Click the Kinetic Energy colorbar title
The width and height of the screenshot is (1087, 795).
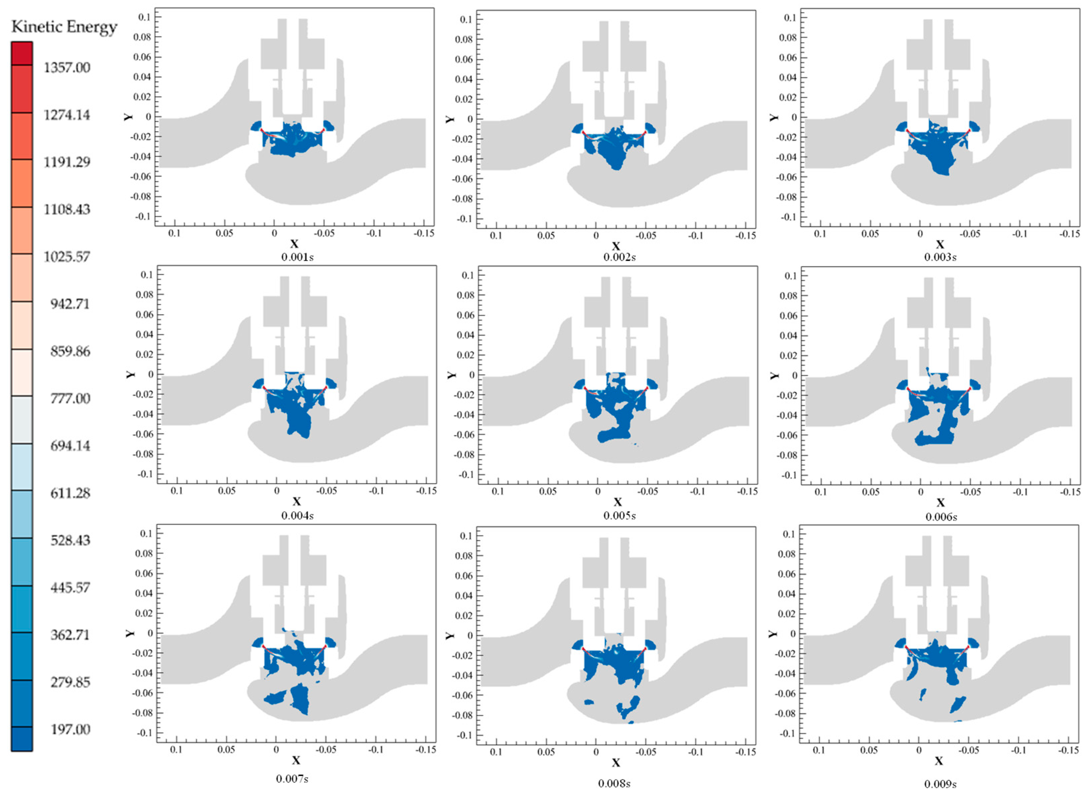coord(64,26)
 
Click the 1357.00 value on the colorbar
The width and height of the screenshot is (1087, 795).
coord(67,67)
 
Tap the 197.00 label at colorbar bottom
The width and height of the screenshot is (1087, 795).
coord(70,730)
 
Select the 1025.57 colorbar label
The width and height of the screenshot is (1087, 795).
coord(67,257)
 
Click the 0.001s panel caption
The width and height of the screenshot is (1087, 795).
coord(297,257)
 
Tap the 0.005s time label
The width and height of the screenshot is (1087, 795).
coord(619,516)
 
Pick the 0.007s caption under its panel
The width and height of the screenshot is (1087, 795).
coord(292,779)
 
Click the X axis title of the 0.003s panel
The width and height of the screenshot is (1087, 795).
coord(939,245)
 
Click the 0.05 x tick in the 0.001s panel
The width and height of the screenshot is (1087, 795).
coord(224,233)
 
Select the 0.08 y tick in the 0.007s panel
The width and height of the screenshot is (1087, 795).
coord(144,553)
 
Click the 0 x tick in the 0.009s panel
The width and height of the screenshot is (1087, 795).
coord(919,750)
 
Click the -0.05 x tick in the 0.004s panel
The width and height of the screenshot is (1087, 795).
coord(326,491)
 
